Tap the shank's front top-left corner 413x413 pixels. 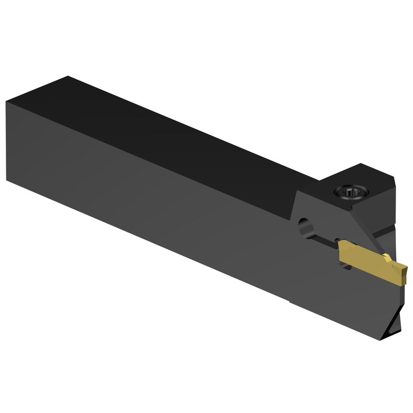[6, 102]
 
